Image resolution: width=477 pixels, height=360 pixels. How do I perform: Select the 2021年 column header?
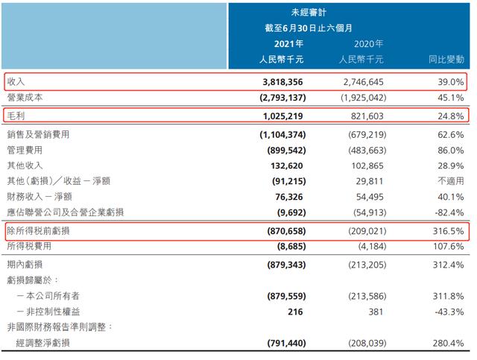[286, 43]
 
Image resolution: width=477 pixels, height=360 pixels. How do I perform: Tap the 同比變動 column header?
[445, 57]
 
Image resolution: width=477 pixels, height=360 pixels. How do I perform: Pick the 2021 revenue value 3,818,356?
[279, 81]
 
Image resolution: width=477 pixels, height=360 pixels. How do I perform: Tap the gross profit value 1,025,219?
[279, 116]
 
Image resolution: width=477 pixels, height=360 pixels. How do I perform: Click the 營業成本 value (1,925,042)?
[356, 98]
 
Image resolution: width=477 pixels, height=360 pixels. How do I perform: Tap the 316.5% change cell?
[448, 231]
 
